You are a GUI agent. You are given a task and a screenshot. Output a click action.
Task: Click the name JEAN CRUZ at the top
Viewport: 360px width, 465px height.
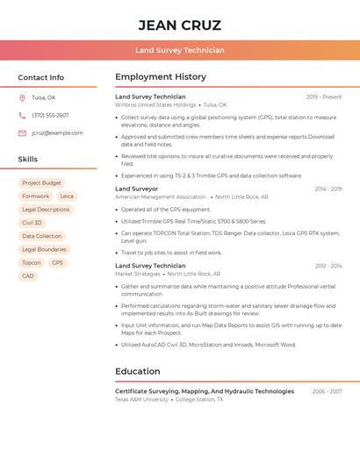tap(180, 25)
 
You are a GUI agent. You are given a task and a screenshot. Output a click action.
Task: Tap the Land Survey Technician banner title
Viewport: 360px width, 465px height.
tap(180, 51)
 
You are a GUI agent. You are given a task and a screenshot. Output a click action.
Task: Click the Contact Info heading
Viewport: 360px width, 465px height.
tap(41, 77)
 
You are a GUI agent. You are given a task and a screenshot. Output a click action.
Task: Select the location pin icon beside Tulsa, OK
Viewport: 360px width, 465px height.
tap(22, 98)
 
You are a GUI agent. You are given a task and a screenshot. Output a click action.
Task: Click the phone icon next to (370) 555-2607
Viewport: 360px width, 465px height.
tap(22, 116)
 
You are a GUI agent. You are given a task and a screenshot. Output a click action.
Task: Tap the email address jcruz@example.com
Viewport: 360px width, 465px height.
tap(57, 133)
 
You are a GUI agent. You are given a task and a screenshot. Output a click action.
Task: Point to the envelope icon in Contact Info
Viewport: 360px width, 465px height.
tap(22, 133)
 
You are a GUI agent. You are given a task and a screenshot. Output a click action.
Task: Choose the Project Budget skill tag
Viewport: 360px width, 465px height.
tap(42, 183)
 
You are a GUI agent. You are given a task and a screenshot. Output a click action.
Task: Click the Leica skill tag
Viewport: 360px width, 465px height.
tap(67, 197)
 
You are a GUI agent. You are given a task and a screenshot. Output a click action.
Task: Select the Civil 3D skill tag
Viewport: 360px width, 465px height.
tap(32, 223)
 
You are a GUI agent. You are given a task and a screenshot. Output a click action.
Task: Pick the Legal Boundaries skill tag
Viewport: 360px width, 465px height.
tap(44, 249)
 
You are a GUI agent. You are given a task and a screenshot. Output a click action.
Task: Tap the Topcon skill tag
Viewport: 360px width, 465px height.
tap(32, 262)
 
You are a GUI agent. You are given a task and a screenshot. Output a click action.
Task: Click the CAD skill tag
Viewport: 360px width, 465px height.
tap(28, 275)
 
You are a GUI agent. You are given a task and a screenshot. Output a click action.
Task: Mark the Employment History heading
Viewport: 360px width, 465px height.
tap(161, 77)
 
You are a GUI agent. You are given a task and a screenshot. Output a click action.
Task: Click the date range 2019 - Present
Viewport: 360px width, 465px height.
tap(324, 97)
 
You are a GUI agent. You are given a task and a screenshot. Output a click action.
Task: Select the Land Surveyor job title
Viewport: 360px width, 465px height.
tap(137, 189)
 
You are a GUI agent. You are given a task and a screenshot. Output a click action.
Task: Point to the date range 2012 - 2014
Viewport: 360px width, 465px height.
tap(328, 266)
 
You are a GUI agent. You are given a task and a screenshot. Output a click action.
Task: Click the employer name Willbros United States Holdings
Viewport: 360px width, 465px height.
tap(155, 105)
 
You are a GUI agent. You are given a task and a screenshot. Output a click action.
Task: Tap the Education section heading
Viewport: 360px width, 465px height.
tap(138, 371)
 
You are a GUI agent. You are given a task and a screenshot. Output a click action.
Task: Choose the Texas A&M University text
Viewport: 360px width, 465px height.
tap(141, 399)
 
